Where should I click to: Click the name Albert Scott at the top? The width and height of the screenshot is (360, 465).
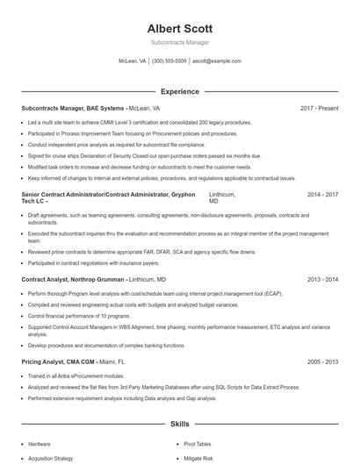(179, 29)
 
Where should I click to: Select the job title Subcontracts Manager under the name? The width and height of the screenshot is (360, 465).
(179, 43)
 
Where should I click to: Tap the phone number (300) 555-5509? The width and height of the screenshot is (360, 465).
(169, 61)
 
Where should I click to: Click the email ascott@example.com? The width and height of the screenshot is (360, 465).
(216, 61)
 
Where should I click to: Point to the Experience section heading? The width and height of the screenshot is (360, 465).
(179, 91)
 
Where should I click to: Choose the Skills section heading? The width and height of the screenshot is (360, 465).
(179, 423)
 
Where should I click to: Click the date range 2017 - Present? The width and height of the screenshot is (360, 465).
(319, 108)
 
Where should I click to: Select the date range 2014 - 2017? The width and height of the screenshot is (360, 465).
(322, 194)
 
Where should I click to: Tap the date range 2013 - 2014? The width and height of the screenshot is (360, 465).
(322, 279)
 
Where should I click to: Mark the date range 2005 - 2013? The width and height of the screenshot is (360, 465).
(322, 361)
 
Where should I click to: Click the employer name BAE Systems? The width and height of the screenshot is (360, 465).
(105, 108)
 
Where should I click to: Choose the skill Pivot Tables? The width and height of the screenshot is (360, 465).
(199, 444)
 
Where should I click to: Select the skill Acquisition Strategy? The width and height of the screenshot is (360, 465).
(50, 458)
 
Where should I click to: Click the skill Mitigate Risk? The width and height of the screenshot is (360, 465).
(198, 458)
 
